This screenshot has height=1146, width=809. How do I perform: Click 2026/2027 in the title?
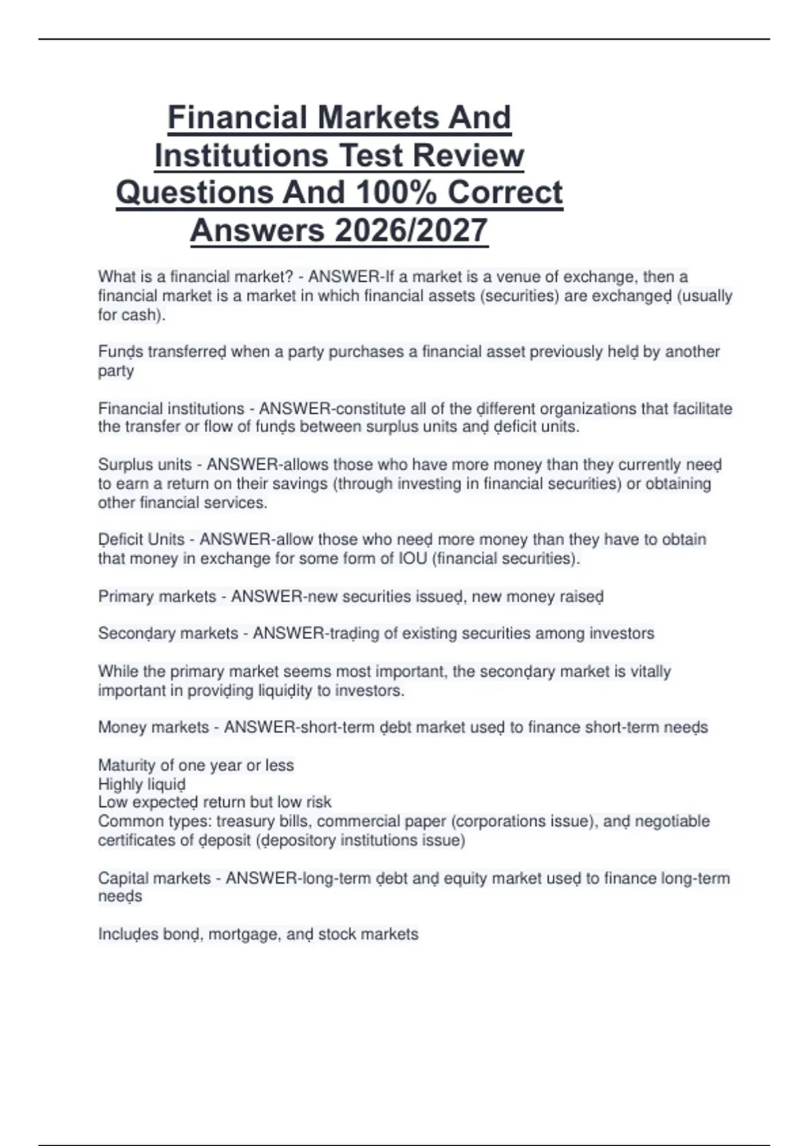click(411, 231)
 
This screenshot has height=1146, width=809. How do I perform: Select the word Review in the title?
click(468, 155)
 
